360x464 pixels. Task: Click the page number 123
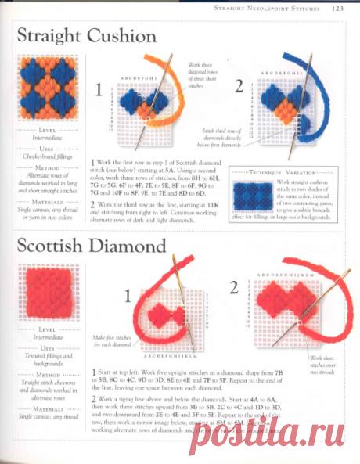337,9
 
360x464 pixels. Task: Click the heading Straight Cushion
86,36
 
